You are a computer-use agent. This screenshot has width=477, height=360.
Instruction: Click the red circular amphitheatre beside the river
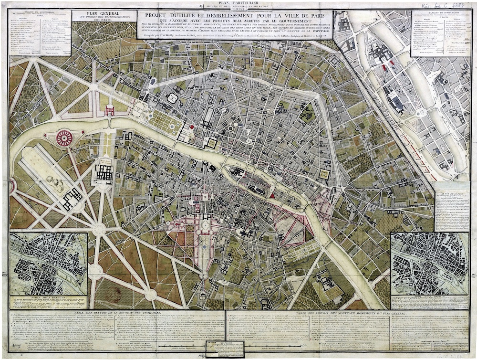click(x=64, y=138)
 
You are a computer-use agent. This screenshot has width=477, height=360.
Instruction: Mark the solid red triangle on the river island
click(x=272, y=194)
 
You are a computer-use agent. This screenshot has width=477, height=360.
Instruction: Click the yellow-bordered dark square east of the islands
click(x=324, y=174)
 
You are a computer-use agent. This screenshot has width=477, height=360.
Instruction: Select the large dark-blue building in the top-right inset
click(x=395, y=102)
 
